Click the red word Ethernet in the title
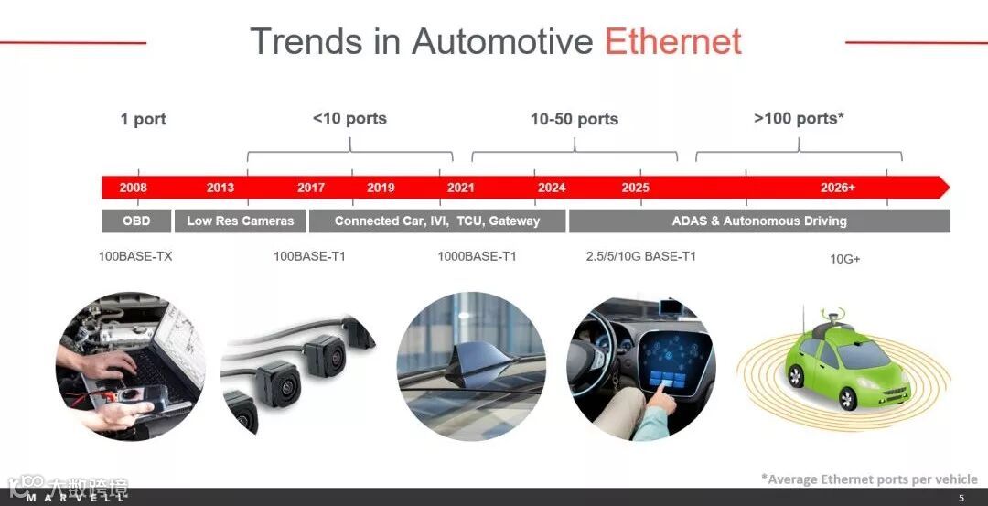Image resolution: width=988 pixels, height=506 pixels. pyautogui.click(x=673, y=41)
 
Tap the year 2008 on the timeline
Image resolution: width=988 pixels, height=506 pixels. pyautogui.click(x=133, y=188)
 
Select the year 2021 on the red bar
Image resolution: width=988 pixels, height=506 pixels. pyautogui.click(x=460, y=188)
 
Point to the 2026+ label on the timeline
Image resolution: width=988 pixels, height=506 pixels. pyautogui.click(x=838, y=188)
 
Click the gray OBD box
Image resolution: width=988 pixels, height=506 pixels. pyautogui.click(x=136, y=221)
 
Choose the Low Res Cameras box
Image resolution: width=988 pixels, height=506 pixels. pyautogui.click(x=240, y=221)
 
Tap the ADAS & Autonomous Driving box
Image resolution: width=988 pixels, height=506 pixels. pyautogui.click(x=759, y=221)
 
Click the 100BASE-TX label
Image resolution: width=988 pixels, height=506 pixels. pyautogui.click(x=135, y=256)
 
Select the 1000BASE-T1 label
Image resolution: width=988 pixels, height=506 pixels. pyautogui.click(x=477, y=256)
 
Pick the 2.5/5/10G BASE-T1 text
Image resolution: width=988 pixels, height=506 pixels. pyautogui.click(x=640, y=256)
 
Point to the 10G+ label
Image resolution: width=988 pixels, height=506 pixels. pyautogui.click(x=845, y=259)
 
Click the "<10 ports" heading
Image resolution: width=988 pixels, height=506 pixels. pyautogui.click(x=349, y=118)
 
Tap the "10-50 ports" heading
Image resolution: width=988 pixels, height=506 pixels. pyautogui.click(x=575, y=119)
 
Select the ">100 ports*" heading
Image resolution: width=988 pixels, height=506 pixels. pyautogui.click(x=799, y=118)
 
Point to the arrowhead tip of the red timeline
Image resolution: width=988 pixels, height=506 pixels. pyautogui.click(x=950, y=188)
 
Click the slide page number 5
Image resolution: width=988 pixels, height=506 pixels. pyautogui.click(x=961, y=498)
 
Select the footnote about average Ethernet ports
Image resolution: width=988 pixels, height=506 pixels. pyautogui.click(x=870, y=479)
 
